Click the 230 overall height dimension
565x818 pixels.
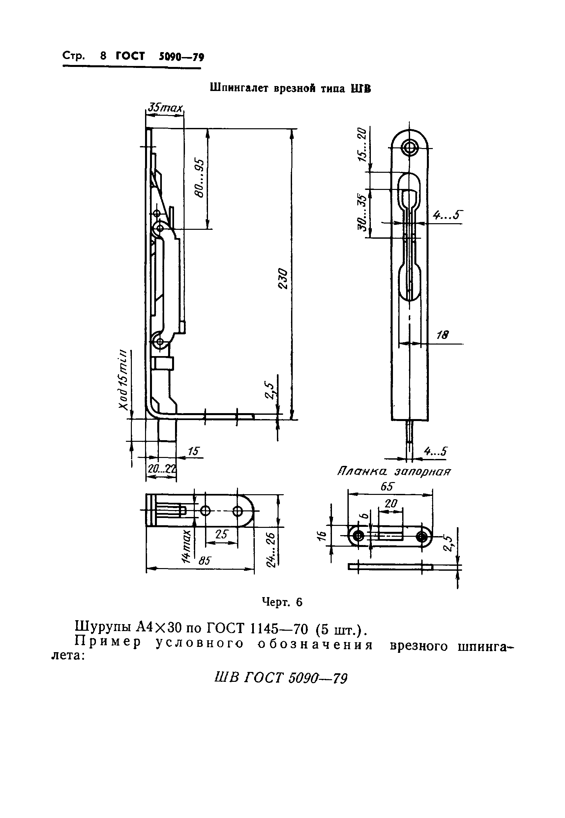tap(283, 279)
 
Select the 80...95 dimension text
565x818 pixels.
tap(200, 178)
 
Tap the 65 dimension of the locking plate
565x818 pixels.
tap(387, 487)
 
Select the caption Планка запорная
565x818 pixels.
tap(394, 472)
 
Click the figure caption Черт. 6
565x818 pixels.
tap(282, 602)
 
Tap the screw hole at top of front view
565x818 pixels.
tap(410, 147)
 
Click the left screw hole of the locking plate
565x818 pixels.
tap(359, 536)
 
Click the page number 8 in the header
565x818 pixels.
tap(104, 56)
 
